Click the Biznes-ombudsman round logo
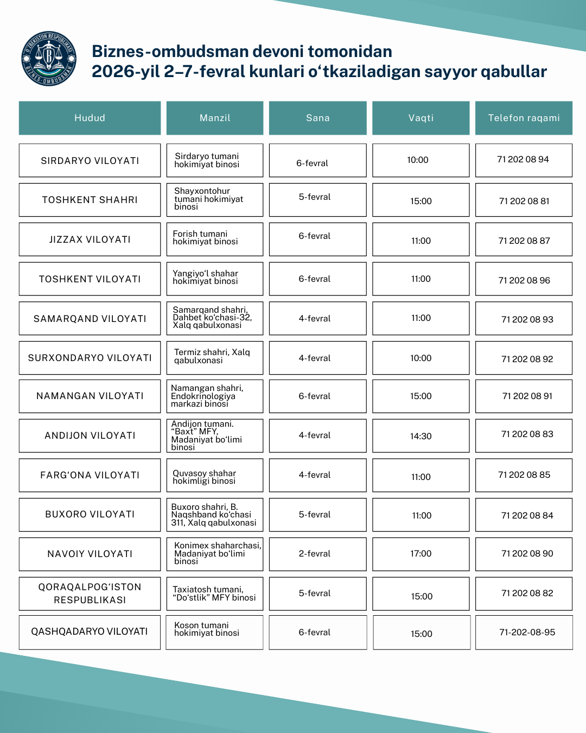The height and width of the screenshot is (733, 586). pos(49,59)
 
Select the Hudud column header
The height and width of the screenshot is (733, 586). pos(90,118)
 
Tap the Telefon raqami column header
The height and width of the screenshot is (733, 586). pos(524,118)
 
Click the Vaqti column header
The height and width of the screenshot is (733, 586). pos(421,118)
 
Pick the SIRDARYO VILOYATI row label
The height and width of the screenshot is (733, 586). pos(90,161)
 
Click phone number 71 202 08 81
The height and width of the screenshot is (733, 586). pos(524,201)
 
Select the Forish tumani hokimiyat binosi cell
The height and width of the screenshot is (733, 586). pos(206,238)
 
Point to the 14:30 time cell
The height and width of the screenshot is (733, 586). pos(421,436)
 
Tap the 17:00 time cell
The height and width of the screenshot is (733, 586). pos(421,554)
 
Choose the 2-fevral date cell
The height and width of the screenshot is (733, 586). pos(315,554)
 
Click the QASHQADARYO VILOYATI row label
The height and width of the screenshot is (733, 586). pos(90,631)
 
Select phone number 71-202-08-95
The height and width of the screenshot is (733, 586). pos(527,632)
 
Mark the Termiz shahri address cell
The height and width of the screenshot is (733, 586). pos(212,356)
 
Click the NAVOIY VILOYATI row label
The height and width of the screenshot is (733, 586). pos(90,554)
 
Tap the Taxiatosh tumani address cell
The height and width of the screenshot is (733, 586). pos(214,593)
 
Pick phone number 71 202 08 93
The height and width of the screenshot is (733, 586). pos(527,319)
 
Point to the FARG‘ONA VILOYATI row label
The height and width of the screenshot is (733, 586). pos(90,475)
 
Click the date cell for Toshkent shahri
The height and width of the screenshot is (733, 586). pos(315,197)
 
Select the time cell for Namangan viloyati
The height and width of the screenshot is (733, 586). pos(421,396)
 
